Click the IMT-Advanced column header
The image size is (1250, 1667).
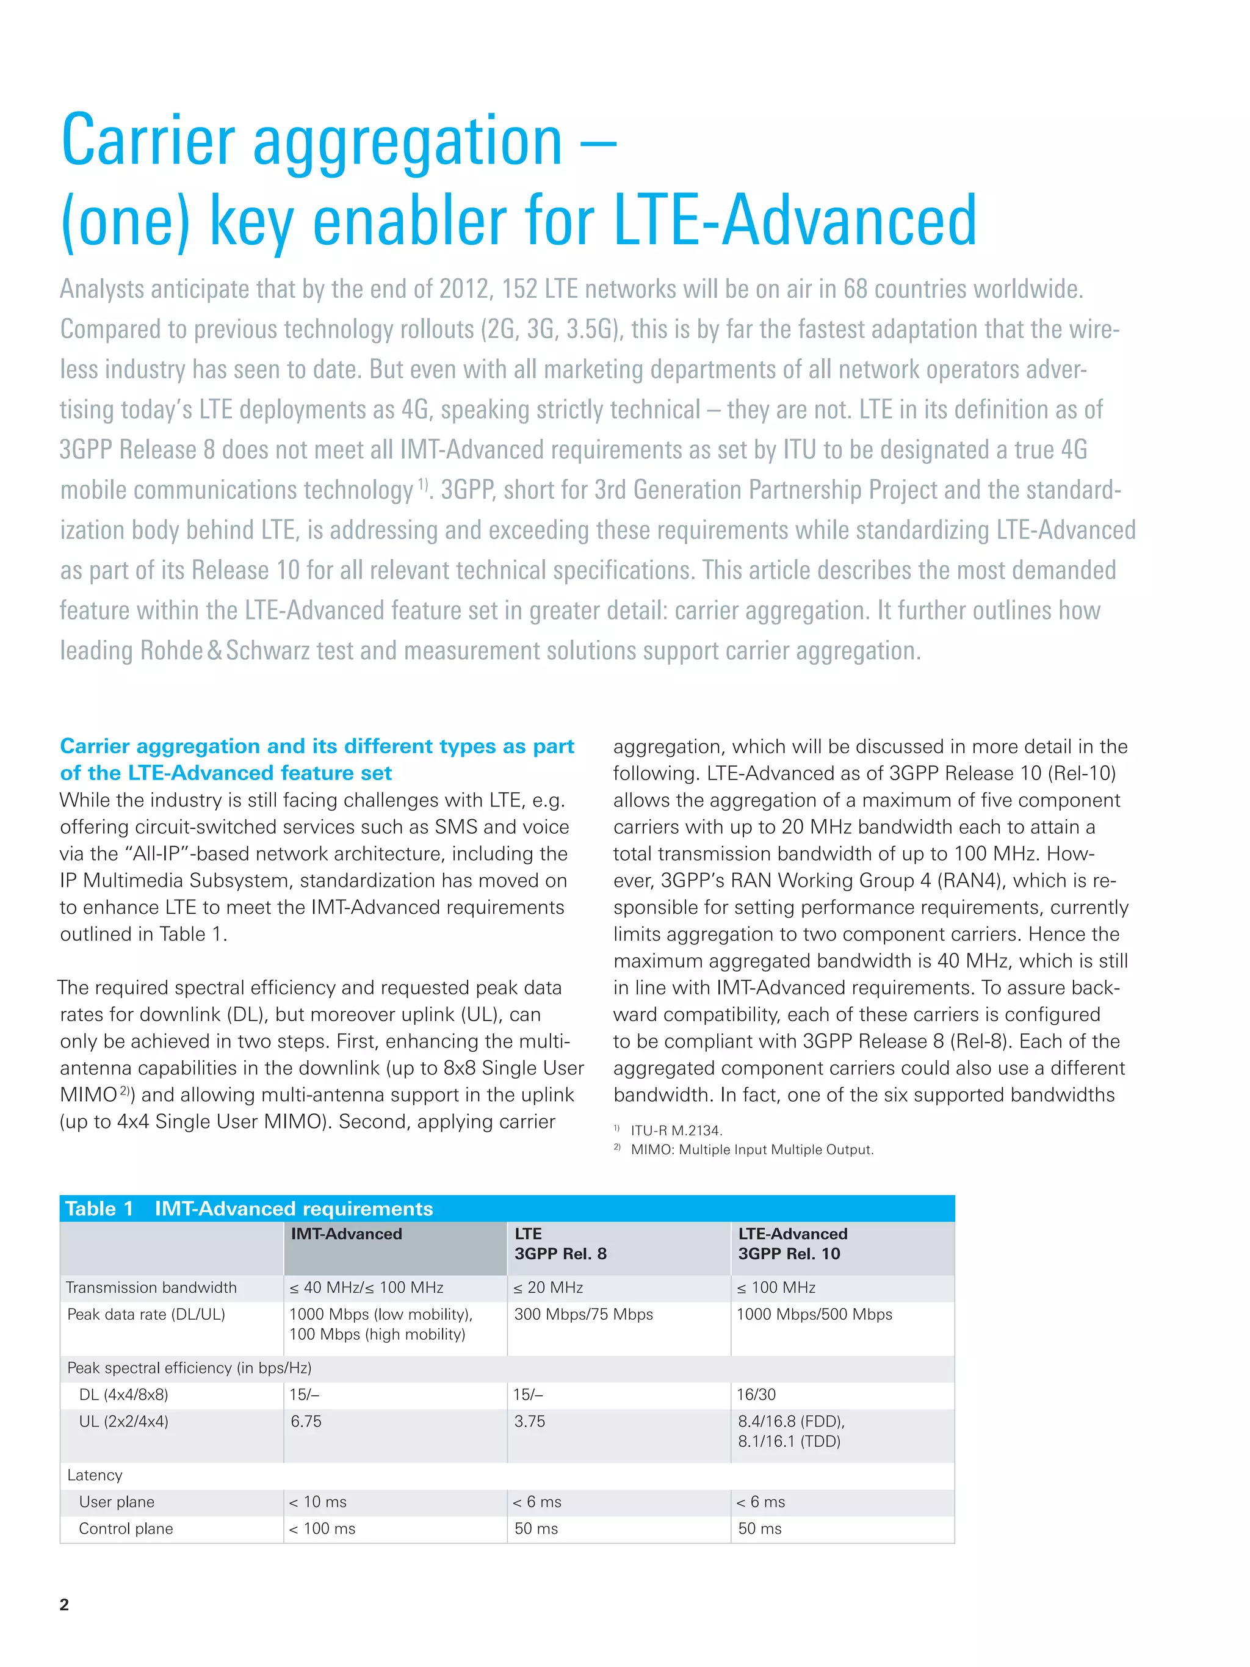point(347,1234)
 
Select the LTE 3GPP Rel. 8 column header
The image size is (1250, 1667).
point(560,1243)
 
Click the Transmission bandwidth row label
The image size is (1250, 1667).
point(151,1287)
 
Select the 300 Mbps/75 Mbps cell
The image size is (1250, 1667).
point(583,1314)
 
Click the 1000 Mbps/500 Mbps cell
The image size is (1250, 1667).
point(814,1314)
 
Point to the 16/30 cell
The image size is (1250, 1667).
point(756,1394)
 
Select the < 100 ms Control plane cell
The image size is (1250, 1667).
point(322,1528)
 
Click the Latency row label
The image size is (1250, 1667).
point(94,1475)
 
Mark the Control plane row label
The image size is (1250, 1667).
point(126,1528)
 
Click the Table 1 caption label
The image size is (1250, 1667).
point(99,1209)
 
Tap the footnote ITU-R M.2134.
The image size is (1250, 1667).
point(676,1130)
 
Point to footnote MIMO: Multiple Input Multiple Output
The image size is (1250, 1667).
point(751,1150)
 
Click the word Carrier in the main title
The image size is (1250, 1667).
point(148,141)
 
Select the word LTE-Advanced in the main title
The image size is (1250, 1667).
point(795,221)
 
